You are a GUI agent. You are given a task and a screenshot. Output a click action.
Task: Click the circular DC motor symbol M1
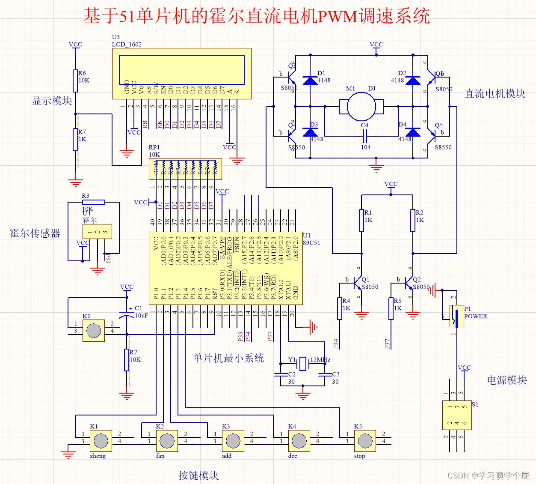[x=361, y=107]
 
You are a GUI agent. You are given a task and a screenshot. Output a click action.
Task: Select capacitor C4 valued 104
[x=365, y=137]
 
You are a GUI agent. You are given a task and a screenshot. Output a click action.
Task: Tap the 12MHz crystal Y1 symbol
[x=303, y=364]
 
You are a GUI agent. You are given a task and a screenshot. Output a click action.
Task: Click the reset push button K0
[x=94, y=330]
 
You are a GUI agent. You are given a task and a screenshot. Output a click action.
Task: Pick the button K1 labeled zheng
[x=101, y=441]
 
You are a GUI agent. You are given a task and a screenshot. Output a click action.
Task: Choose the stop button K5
[x=365, y=441]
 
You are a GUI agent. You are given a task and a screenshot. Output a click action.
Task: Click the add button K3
[x=233, y=441]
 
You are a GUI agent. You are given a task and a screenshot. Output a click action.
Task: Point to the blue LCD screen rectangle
[x=182, y=69]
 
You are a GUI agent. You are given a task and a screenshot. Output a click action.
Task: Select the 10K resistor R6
[x=75, y=81]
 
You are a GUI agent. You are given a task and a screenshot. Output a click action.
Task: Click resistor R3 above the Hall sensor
[x=94, y=202]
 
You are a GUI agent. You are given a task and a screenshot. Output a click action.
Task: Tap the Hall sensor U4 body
[x=97, y=232]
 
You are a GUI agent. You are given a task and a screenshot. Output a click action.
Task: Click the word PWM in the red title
[x=338, y=17]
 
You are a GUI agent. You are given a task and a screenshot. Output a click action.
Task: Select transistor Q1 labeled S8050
[x=358, y=283]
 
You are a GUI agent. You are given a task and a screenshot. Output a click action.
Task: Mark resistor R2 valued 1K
[x=413, y=221]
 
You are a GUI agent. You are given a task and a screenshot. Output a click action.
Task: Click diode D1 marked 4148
[x=310, y=81]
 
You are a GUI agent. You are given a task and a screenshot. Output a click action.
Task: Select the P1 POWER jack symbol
[x=456, y=316]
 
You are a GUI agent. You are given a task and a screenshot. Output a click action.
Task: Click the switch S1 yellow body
[x=457, y=415]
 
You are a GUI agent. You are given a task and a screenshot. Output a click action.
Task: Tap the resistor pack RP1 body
[x=185, y=169]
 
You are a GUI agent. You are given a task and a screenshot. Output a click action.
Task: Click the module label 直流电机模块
[x=495, y=94]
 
